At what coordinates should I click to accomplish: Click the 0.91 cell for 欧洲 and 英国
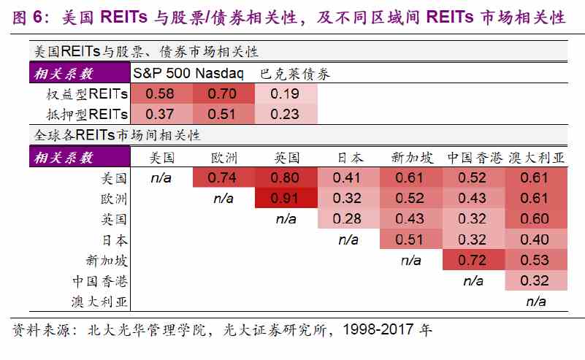(x=286, y=198)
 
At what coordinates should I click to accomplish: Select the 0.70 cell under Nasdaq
(x=223, y=93)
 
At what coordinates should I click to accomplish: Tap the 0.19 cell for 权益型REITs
(x=286, y=93)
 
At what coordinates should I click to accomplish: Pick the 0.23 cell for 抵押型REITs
(x=286, y=114)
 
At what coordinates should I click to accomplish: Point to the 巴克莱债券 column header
(x=295, y=74)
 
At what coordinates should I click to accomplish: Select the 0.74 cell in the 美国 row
(x=223, y=177)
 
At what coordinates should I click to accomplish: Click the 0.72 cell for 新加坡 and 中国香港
(x=473, y=260)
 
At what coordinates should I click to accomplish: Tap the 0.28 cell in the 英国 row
(x=348, y=218)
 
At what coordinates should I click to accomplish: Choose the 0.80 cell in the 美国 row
(x=286, y=177)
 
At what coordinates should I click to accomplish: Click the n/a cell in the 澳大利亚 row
(x=536, y=301)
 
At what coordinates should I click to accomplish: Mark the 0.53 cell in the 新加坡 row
(x=536, y=260)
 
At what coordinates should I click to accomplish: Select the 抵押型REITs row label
(x=87, y=114)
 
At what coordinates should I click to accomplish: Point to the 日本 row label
(x=115, y=240)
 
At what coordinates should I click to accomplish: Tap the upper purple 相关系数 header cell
(x=80, y=73)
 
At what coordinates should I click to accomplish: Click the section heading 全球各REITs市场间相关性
(x=118, y=135)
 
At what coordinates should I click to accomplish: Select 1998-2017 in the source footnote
(x=378, y=329)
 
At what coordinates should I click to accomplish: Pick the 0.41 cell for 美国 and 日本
(x=348, y=177)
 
